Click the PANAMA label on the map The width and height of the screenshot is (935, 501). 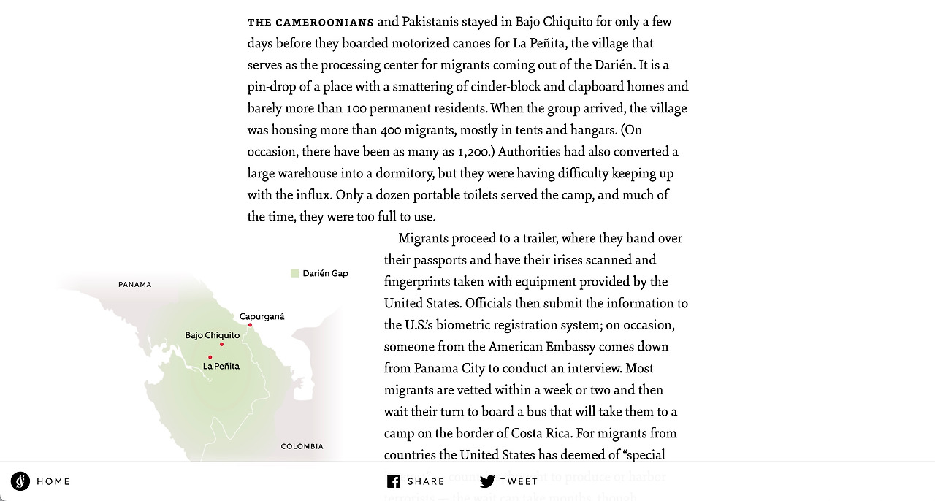pos(135,284)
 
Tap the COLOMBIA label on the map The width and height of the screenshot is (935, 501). pos(302,446)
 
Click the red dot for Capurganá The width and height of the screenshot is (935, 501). pos(250,325)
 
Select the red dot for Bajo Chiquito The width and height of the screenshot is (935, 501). pos(221,344)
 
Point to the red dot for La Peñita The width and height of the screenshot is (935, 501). pos(210,357)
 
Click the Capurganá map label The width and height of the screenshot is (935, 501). pos(262,316)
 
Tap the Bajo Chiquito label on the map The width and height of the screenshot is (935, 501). pos(212,335)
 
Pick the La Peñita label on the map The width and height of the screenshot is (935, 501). pos(221,366)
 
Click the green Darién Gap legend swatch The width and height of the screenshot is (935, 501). pos(294,273)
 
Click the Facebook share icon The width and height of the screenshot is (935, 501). pos(394,481)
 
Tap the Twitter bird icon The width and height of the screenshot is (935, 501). pos(487,481)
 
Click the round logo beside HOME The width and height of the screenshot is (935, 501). pos(20,481)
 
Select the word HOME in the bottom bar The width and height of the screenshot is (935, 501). pos(53,481)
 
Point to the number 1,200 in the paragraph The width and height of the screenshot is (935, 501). pos(472,152)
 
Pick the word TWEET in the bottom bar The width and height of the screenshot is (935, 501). pos(519,481)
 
